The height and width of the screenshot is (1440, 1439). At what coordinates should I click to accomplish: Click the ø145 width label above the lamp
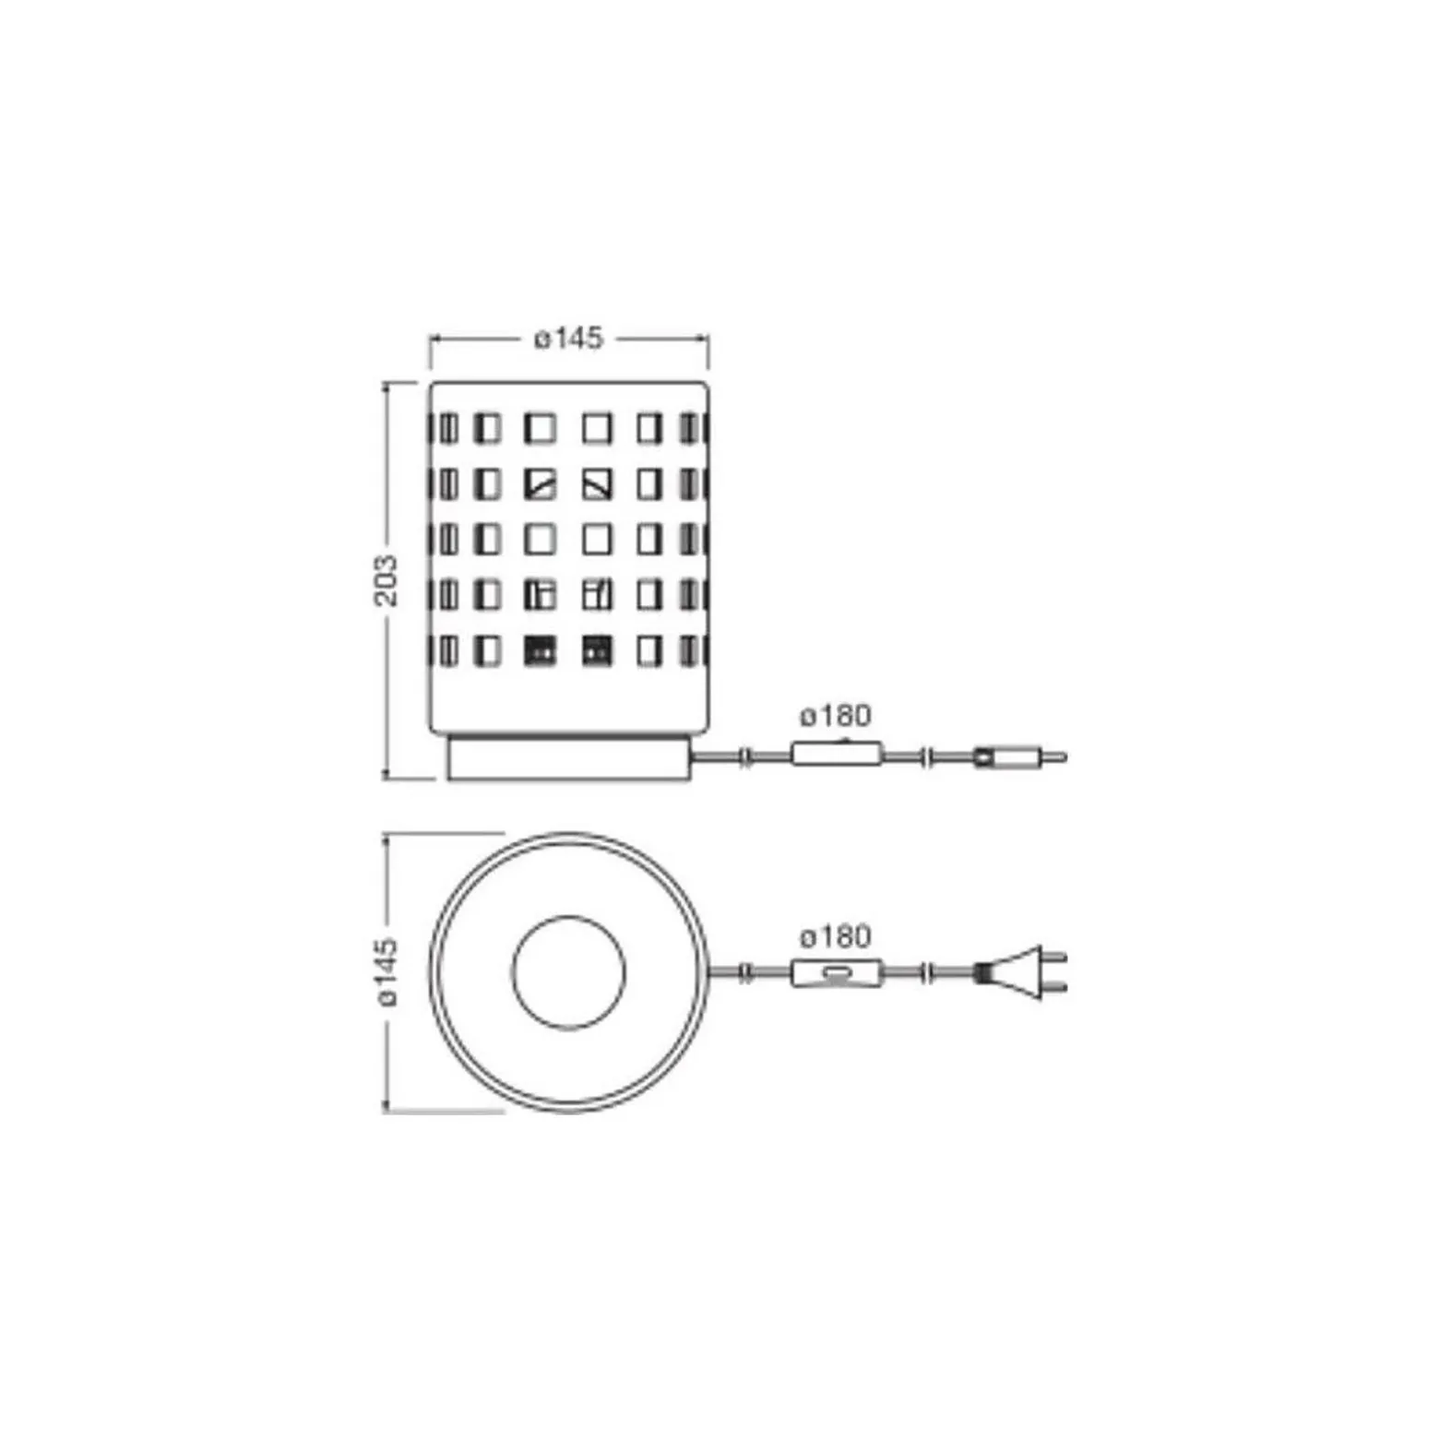[x=568, y=339]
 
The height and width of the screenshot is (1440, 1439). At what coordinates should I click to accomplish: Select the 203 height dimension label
[x=386, y=580]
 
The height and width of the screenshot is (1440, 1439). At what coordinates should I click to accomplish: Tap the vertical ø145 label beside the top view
[x=386, y=971]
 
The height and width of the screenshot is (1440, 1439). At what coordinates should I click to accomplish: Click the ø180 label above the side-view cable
[x=835, y=716]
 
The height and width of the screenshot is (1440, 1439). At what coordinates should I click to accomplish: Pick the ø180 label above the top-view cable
[x=835, y=937]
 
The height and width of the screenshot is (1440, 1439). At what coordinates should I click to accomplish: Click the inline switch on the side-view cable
[x=837, y=755]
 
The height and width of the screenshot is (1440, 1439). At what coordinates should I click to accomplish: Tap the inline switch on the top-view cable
[x=837, y=973]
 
